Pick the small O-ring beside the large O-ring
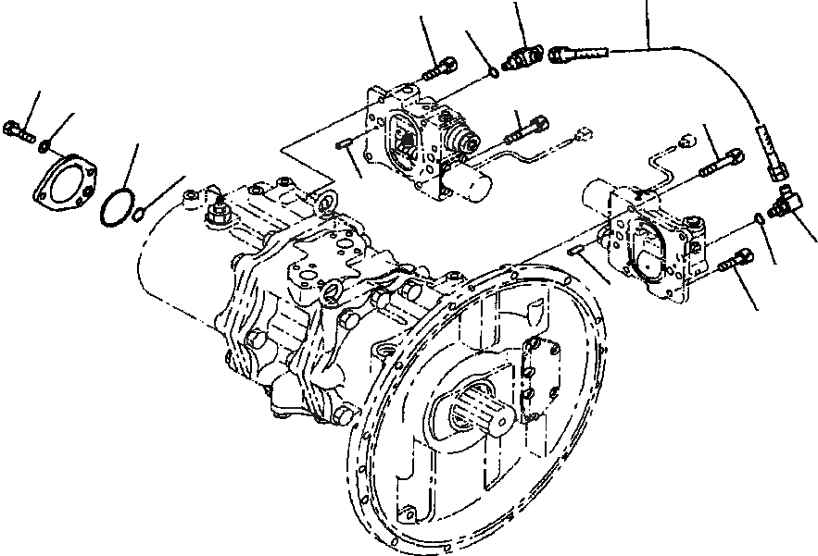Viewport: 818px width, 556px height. click(138, 216)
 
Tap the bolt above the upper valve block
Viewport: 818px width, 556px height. click(440, 68)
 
